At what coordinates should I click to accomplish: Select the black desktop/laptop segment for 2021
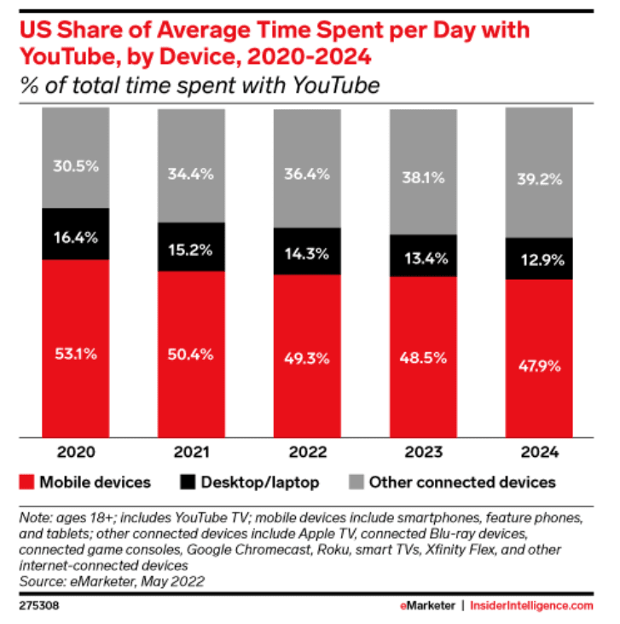190,247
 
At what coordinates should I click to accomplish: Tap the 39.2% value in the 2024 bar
538,181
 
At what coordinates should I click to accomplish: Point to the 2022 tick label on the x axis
307,452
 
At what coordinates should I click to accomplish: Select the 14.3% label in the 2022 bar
307,251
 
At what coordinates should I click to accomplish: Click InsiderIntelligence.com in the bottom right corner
531,605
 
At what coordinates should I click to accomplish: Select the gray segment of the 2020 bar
76,158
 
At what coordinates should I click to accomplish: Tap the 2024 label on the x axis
538,452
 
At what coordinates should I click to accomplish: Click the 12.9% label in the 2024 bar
538,258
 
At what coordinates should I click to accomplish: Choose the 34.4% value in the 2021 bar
190,174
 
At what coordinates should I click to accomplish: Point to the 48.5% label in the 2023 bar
423,357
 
